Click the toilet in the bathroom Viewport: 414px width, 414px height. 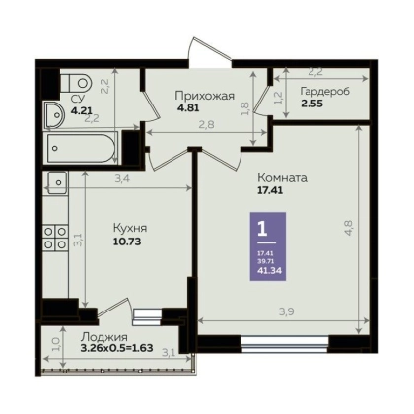click(x=76, y=83)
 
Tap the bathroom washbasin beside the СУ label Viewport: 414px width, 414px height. click(x=54, y=114)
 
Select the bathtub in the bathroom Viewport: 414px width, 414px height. click(x=82, y=147)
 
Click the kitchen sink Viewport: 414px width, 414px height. click(x=57, y=182)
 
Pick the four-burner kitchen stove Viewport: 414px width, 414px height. click(x=55, y=238)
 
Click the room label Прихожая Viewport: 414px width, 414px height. click(x=205, y=96)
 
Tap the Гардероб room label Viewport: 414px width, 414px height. click(x=325, y=92)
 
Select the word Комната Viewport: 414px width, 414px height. click(x=283, y=178)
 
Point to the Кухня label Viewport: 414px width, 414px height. click(x=130, y=228)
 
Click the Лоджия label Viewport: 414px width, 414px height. click(x=104, y=337)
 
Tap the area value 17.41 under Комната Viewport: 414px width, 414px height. click(x=270, y=190)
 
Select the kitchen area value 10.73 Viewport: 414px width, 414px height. click(x=127, y=241)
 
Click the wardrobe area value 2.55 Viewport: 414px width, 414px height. click(x=311, y=103)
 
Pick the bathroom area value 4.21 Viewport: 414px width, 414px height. click(x=82, y=110)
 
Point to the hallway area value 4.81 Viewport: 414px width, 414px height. click(x=188, y=107)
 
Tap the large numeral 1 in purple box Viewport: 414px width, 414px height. click(x=262, y=229)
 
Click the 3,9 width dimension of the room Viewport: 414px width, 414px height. click(x=286, y=311)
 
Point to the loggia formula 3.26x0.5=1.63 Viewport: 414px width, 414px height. click(x=117, y=348)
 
